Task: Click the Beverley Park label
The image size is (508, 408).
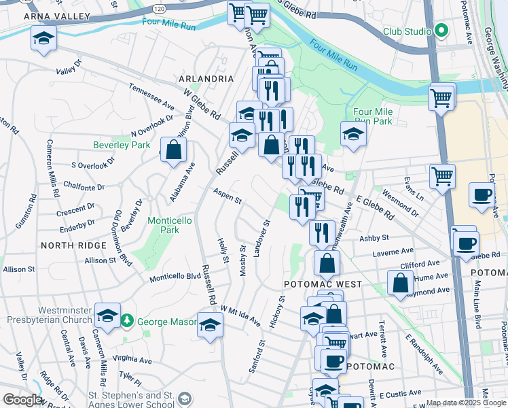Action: click(122, 145)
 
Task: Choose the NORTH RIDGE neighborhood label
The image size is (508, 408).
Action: click(73, 245)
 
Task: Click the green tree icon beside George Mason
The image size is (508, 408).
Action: click(126, 320)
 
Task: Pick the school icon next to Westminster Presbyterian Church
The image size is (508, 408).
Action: click(107, 316)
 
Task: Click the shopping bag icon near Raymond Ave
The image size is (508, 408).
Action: click(401, 282)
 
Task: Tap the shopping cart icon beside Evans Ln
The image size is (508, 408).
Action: click(442, 176)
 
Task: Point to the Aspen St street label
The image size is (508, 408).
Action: click(228, 197)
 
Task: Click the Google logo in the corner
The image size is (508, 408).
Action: click(22, 400)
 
